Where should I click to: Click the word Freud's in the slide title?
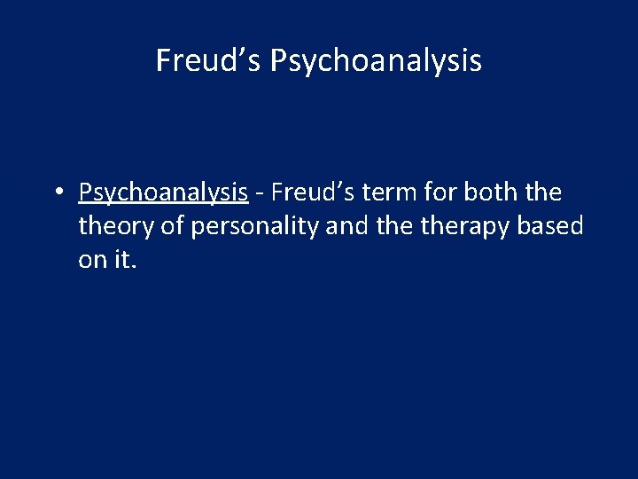point(209,60)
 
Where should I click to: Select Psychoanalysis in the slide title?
point(376,61)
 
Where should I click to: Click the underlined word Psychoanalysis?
point(163,192)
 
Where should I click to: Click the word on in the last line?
point(92,262)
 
